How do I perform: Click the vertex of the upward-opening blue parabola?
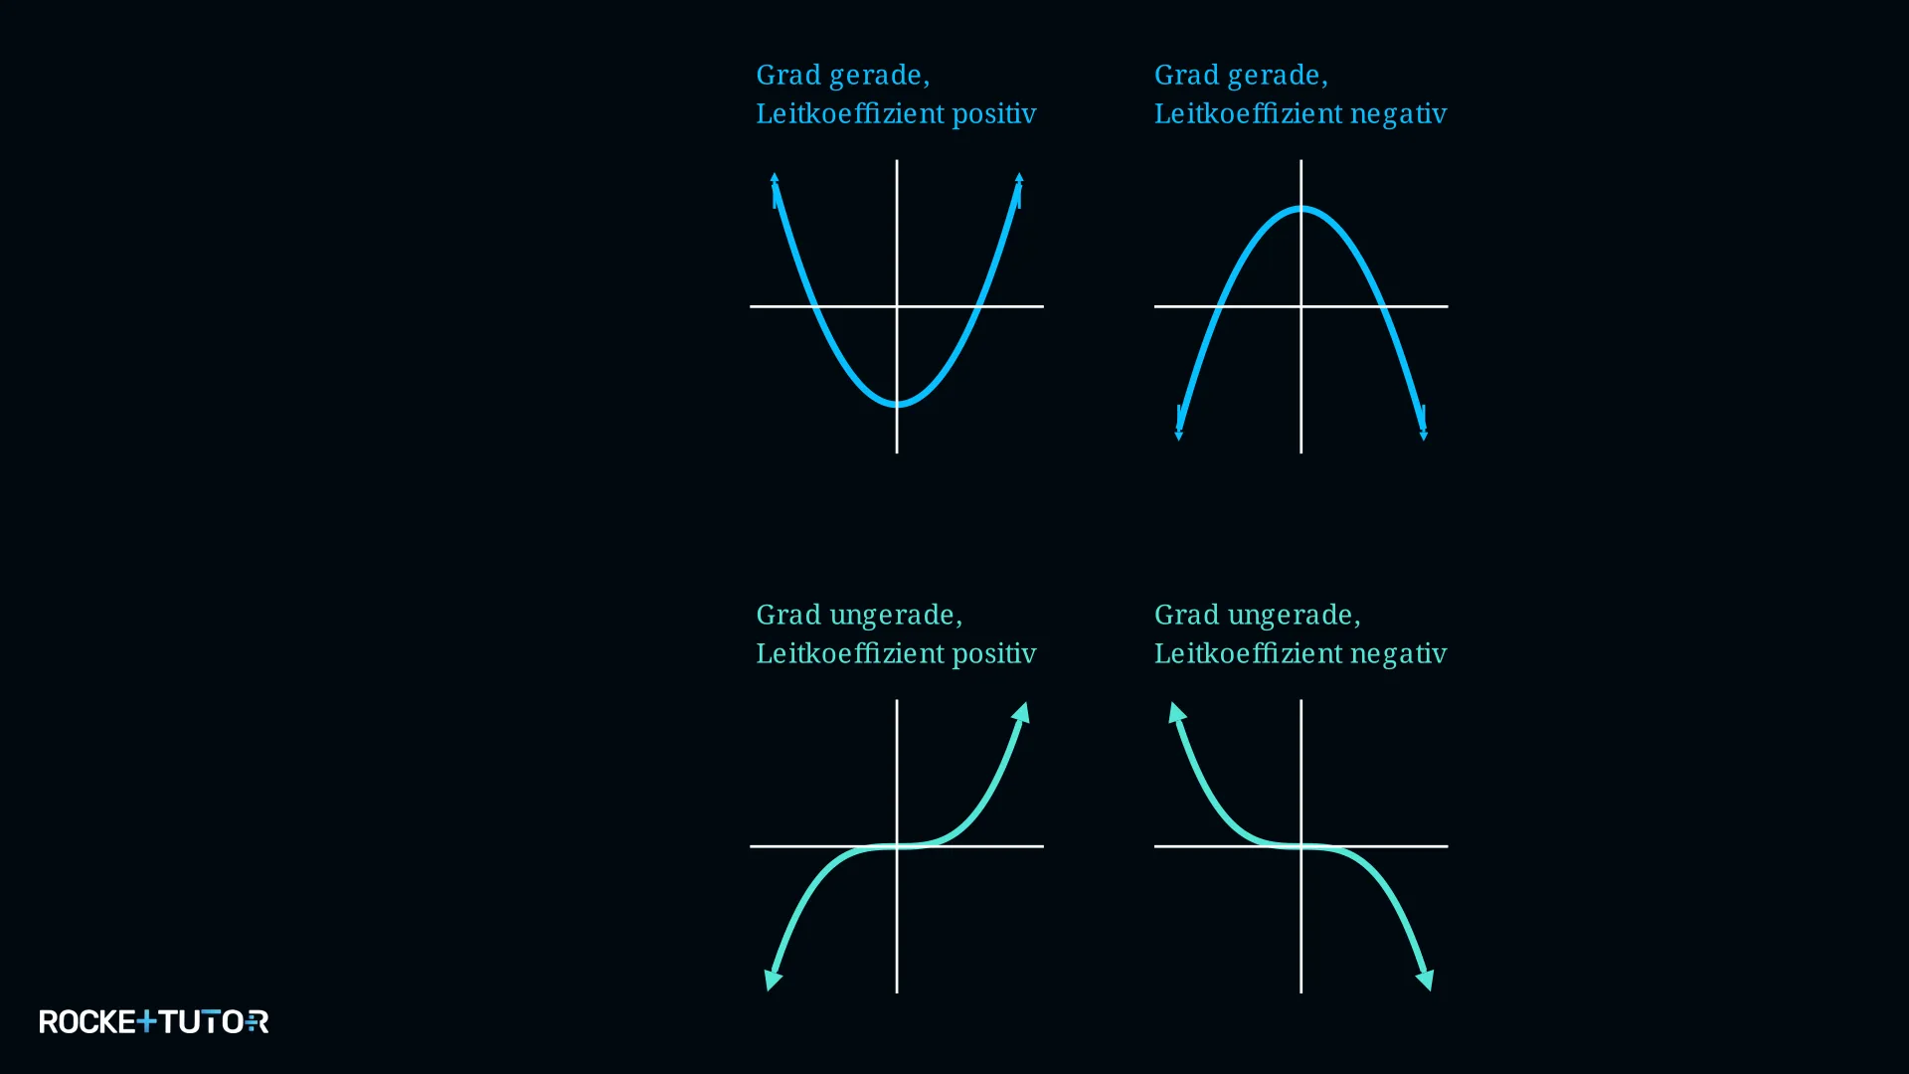[897, 404]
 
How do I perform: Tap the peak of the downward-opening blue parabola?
[1301, 208]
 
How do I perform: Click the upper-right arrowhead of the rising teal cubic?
[1022, 711]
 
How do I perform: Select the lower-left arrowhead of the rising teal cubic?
[772, 982]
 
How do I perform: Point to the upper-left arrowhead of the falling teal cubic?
[1176, 711]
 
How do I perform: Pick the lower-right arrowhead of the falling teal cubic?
[1426, 982]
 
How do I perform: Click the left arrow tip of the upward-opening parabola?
[775, 176]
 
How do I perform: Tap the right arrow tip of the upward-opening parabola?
[1019, 176]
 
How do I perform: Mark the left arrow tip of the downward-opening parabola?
[1178, 437]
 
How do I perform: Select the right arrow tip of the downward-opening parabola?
[1424, 437]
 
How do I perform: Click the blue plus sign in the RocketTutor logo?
[146, 1021]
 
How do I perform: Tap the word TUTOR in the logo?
[214, 1021]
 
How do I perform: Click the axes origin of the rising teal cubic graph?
[897, 846]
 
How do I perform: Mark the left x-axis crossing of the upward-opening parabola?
[815, 306]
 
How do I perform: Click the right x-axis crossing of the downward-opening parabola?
[1383, 306]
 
